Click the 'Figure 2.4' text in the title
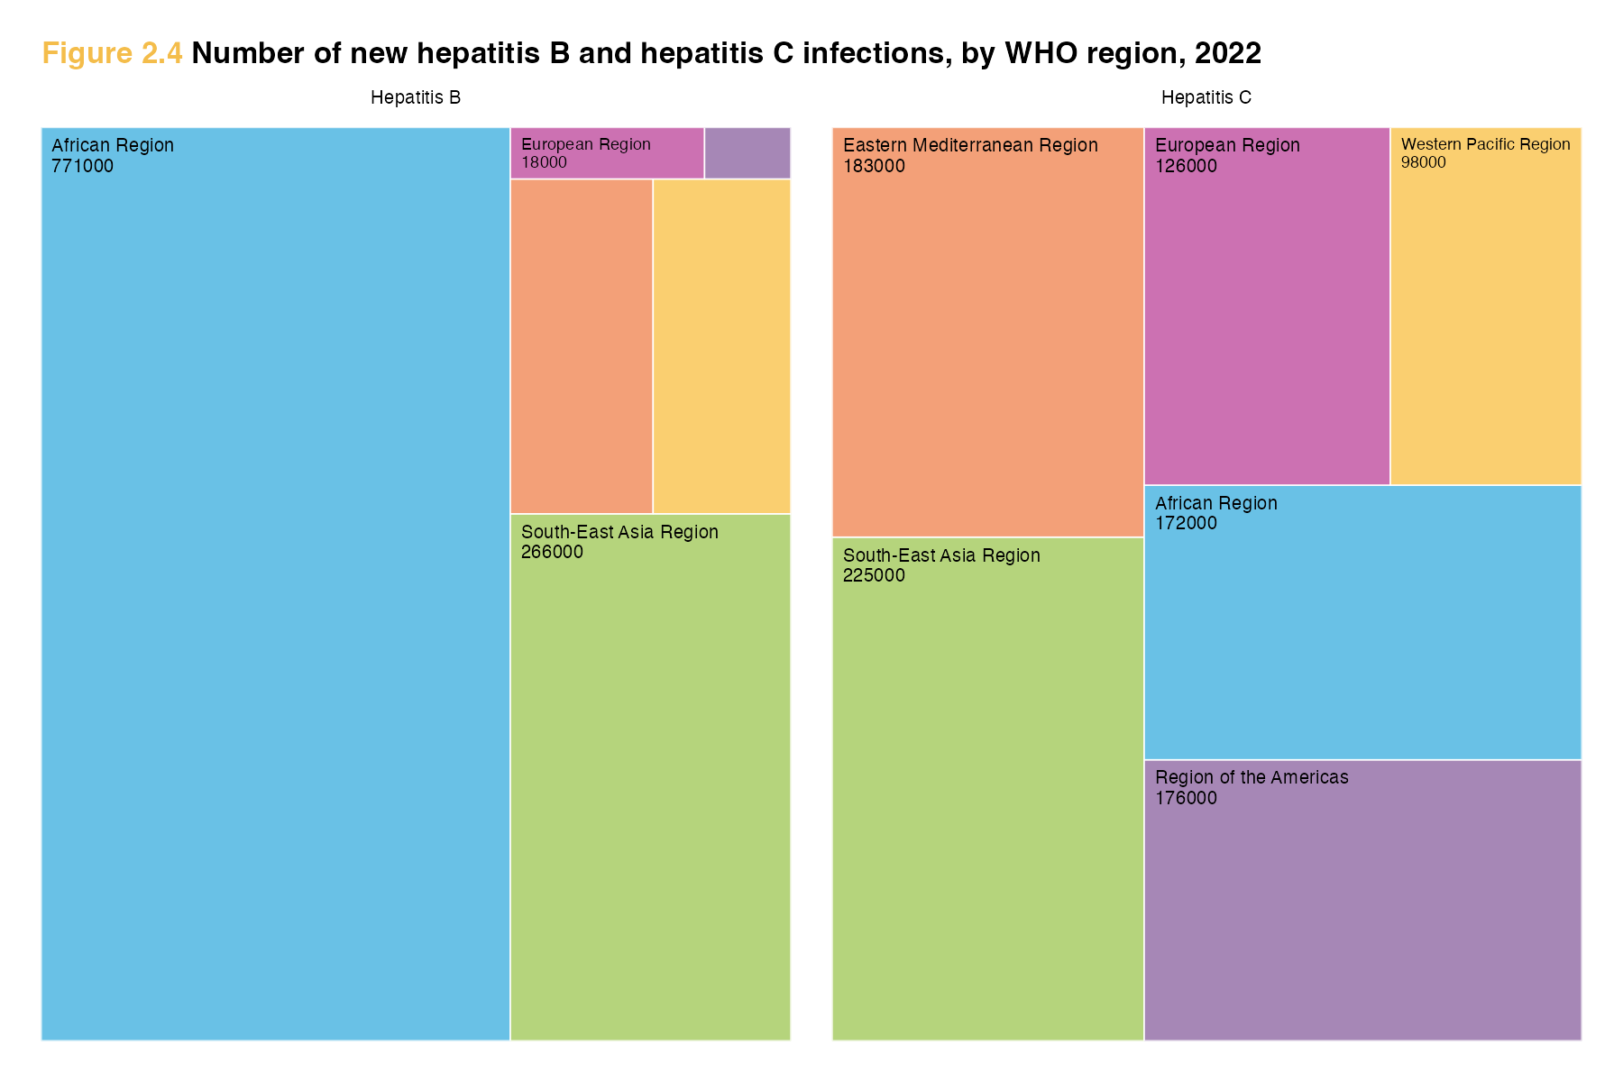(x=112, y=54)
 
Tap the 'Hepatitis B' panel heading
(x=416, y=97)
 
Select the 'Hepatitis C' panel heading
(x=1206, y=97)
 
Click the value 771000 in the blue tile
(x=83, y=166)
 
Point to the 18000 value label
(x=545, y=162)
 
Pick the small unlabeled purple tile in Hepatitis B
(x=747, y=153)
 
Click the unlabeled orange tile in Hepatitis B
(x=582, y=346)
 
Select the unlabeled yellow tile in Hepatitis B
(x=721, y=346)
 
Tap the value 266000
(x=552, y=552)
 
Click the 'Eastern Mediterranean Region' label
(x=970, y=145)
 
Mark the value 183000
(x=874, y=166)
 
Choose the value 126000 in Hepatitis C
(x=1186, y=166)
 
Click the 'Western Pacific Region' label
(x=1485, y=144)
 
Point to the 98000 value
(x=1424, y=162)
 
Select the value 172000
(x=1186, y=523)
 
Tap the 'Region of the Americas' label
(x=1252, y=777)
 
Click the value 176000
(x=1186, y=798)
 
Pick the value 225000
(x=874, y=575)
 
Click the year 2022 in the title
(x=1227, y=54)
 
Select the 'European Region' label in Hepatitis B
(x=586, y=144)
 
